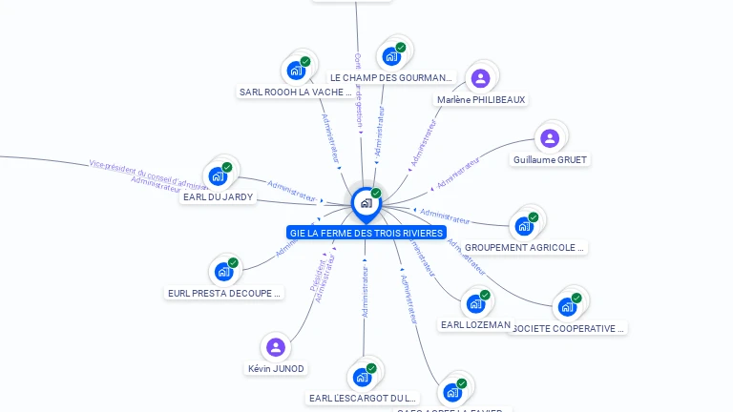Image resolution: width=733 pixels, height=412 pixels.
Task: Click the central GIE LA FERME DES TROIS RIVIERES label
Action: point(366,233)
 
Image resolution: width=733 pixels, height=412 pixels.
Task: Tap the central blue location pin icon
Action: point(366,202)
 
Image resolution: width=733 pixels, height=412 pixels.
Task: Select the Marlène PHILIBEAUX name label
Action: point(481,99)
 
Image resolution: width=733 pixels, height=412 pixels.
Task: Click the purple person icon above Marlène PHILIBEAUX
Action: point(480,77)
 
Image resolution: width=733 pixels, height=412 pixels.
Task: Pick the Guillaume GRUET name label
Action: point(550,160)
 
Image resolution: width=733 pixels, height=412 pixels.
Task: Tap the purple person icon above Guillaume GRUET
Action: point(549,138)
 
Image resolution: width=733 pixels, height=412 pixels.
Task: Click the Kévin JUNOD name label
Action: point(276,369)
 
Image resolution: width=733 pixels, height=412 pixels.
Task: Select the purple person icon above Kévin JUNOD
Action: point(276,346)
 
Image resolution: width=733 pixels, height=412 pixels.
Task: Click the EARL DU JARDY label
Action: point(218,197)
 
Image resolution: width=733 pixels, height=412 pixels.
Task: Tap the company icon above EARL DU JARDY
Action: point(219,175)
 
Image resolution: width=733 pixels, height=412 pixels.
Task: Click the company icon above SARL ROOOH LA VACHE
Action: point(297,70)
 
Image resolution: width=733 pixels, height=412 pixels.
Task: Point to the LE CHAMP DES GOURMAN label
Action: point(390,77)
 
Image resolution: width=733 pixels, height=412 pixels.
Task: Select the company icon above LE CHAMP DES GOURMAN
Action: point(391,55)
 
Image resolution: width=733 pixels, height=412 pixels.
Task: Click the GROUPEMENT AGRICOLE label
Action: point(524,248)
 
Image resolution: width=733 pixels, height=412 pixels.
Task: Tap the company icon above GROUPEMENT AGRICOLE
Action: point(524,225)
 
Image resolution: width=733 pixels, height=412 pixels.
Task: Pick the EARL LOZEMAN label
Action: point(475,325)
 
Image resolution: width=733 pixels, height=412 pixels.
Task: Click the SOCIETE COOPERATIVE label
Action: point(568,329)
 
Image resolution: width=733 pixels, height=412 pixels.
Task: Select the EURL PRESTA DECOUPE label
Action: point(224,294)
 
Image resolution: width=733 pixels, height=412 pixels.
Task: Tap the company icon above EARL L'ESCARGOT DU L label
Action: point(363,376)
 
